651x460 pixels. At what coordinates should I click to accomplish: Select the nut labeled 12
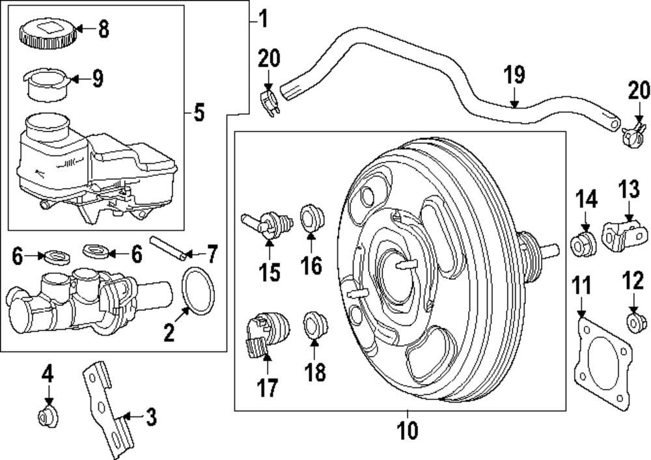(x=634, y=322)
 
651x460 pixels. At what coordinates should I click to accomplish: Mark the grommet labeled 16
(x=311, y=217)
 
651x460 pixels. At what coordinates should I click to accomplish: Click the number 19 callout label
(x=514, y=75)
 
